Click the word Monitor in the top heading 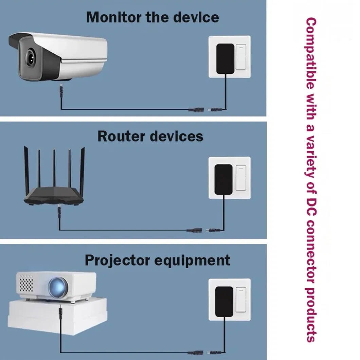coord(114,17)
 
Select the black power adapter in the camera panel coord(225,59)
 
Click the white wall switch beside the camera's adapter coord(241,57)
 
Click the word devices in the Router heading coord(177,136)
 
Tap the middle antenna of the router coord(54,168)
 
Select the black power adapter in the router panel coord(223,179)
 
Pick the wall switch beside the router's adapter coord(241,178)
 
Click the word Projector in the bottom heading coord(117,260)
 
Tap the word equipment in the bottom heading coord(192,260)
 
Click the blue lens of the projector coord(58,287)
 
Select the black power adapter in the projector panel coord(224,302)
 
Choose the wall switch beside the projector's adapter coord(241,300)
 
